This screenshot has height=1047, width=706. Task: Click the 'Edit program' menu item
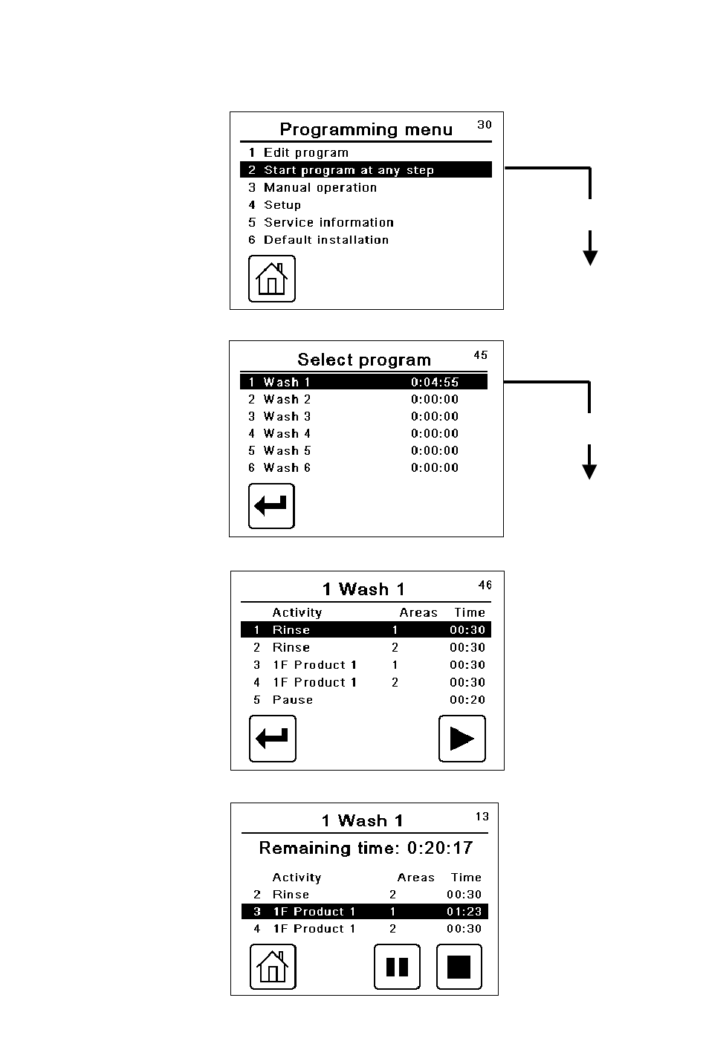click(x=305, y=153)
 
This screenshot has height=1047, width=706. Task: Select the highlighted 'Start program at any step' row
click(x=349, y=170)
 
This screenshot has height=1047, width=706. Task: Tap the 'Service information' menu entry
click(x=328, y=222)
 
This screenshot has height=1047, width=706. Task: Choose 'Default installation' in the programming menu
click(x=326, y=240)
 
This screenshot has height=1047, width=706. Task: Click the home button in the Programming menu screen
click(x=271, y=279)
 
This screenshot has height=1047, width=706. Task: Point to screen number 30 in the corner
click(x=485, y=125)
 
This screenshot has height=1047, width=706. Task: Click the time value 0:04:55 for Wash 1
click(x=435, y=383)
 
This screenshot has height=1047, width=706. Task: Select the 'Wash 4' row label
click(x=287, y=434)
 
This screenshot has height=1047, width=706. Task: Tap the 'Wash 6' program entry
click(x=287, y=468)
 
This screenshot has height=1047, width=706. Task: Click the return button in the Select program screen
click(x=271, y=506)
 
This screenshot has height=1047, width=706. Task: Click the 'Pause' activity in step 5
click(x=293, y=700)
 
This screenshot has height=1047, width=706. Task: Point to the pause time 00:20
click(x=467, y=700)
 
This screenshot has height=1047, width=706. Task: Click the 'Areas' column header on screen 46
click(x=418, y=613)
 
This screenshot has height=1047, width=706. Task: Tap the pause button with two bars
click(x=397, y=967)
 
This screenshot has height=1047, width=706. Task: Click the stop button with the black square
click(x=459, y=967)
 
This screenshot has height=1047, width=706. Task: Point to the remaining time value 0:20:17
click(x=440, y=848)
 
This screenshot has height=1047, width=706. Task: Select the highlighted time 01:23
click(x=464, y=912)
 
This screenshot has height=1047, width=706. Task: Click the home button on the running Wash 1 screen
click(x=273, y=967)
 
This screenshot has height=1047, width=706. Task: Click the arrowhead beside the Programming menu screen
click(x=590, y=257)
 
